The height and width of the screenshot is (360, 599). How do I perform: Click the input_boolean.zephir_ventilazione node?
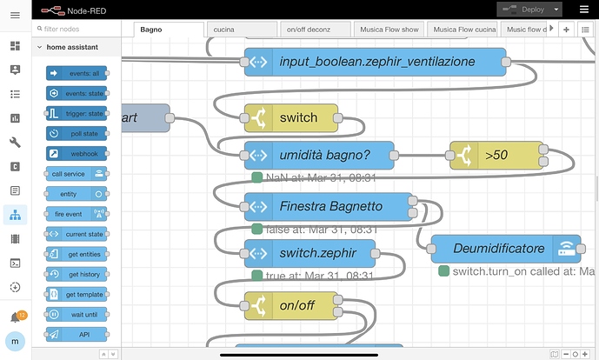(x=375, y=62)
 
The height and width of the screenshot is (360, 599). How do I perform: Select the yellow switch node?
(x=290, y=117)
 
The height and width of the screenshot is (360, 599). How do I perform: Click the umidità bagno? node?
(x=318, y=155)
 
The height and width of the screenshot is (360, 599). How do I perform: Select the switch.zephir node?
(x=309, y=253)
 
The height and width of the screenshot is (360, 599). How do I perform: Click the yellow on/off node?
(x=290, y=306)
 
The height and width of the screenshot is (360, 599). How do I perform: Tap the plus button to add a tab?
(x=566, y=30)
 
